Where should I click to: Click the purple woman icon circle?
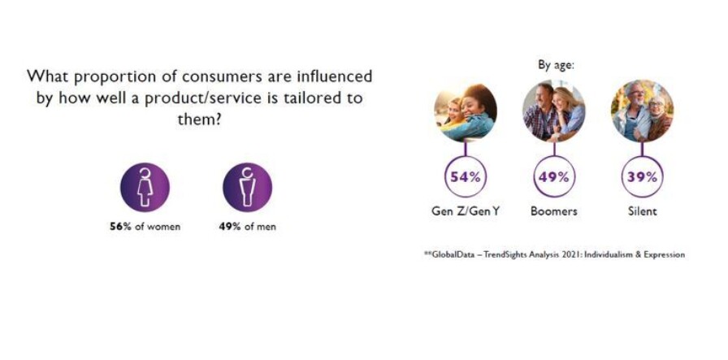pos(145,187)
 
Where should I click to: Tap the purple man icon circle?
pos(248,187)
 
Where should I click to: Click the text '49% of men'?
pos(248,227)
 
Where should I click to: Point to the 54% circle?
pos(466,177)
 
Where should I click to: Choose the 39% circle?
pos(642,177)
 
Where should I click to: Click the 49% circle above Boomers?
pos(554,177)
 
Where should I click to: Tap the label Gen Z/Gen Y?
pos(466,211)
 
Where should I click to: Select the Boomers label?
pos(554,211)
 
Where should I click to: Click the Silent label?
pos(643,211)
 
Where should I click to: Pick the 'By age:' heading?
pos(556,66)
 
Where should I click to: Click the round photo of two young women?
pos(466,111)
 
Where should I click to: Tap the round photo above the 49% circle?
pos(554,111)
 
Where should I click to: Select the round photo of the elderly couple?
pos(642,111)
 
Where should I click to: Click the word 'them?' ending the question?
pos(199,120)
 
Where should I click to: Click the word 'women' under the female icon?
pos(163,228)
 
